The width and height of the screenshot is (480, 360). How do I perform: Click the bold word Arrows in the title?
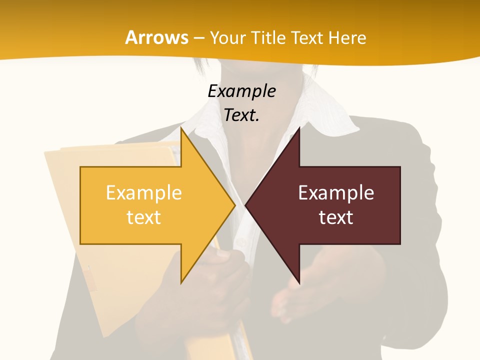[x=156, y=37]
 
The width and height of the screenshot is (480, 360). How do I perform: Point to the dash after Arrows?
[x=198, y=38]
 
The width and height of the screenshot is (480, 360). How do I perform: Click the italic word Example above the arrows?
[x=241, y=91]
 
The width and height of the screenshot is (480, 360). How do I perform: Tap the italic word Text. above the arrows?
[x=241, y=115]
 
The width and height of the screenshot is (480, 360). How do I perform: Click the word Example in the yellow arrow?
[x=143, y=193]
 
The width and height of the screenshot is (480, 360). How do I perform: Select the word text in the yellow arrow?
[x=143, y=217]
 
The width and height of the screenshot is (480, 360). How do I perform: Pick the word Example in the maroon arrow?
[x=336, y=193]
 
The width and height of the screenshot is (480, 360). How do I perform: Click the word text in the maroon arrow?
[x=336, y=217]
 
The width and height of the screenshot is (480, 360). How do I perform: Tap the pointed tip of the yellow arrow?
[x=234, y=205]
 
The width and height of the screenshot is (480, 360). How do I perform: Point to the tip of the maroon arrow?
[x=246, y=205]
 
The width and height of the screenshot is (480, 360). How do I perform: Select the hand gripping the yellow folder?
[x=225, y=275]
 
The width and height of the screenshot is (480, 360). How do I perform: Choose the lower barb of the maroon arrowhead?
[x=299, y=282]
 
